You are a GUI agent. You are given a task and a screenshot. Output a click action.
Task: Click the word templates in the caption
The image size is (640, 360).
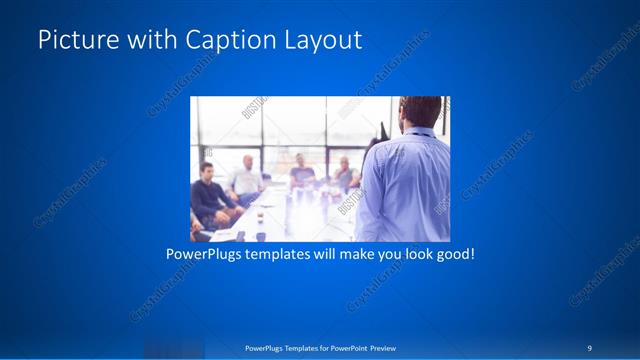(284, 255)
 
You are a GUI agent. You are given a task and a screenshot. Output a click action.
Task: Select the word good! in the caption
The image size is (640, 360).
(454, 255)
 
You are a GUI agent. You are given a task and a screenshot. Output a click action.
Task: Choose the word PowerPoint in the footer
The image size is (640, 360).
(344, 348)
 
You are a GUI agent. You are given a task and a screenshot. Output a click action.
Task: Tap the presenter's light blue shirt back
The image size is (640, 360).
(405, 185)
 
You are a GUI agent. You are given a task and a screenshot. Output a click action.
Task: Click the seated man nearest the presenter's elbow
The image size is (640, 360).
(343, 175)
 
